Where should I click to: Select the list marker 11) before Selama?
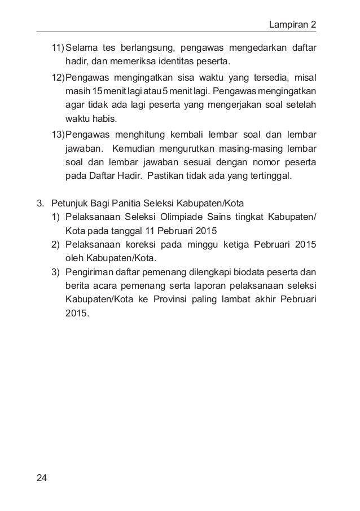[x=58, y=46]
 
